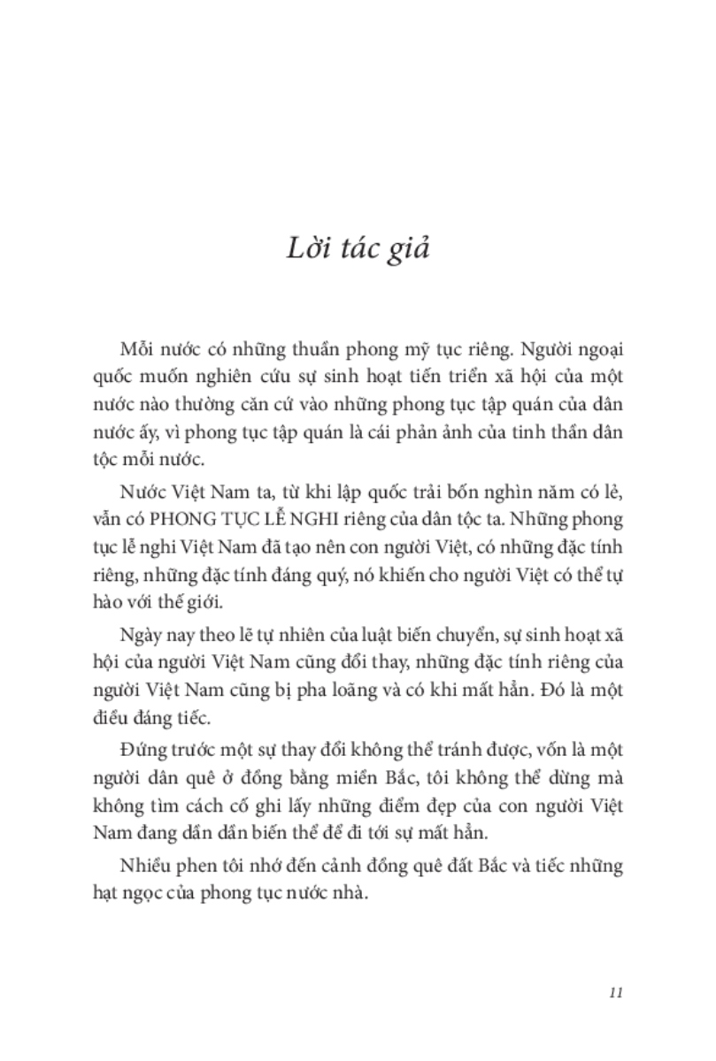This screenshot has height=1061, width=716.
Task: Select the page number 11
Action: click(618, 991)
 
